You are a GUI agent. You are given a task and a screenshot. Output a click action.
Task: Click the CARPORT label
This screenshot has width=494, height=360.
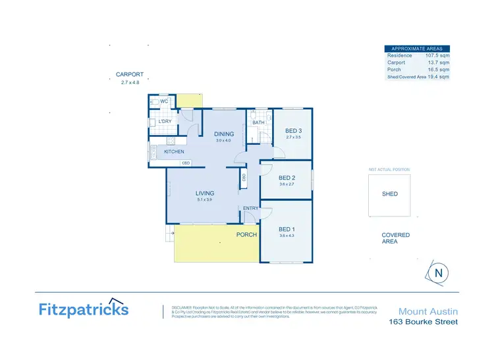(x=130, y=75)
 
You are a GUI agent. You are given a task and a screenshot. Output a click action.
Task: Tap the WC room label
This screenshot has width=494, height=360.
(x=165, y=101)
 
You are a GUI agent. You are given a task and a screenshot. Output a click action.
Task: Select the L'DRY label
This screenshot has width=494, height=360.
(x=165, y=122)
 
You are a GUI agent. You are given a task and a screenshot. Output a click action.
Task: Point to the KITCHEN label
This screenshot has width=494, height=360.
(x=174, y=152)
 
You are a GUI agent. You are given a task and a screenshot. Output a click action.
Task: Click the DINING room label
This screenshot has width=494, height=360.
(x=225, y=134)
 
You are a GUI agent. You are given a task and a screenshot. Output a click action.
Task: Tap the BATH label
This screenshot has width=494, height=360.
(x=258, y=122)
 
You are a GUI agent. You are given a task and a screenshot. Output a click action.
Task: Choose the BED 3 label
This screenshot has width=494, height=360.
(x=293, y=130)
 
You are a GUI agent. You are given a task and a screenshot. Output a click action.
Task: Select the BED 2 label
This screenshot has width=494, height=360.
(x=286, y=178)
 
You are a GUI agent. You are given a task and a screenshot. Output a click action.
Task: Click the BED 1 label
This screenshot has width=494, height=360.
(x=286, y=228)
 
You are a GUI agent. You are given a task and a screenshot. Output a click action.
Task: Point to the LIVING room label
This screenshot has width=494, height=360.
(x=206, y=193)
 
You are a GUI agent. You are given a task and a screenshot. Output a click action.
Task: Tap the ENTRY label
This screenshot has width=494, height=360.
(x=250, y=209)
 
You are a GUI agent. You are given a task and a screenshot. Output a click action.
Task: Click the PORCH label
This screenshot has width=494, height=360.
(x=246, y=234)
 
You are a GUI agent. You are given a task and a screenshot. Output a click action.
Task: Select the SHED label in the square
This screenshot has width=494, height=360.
(x=390, y=194)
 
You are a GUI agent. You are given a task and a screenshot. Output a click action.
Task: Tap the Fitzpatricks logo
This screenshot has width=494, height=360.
(x=84, y=309)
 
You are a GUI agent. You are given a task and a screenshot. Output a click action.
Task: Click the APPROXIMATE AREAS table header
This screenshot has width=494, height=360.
(x=418, y=49)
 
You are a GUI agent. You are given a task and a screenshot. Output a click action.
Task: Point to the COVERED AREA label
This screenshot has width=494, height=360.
(x=395, y=238)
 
